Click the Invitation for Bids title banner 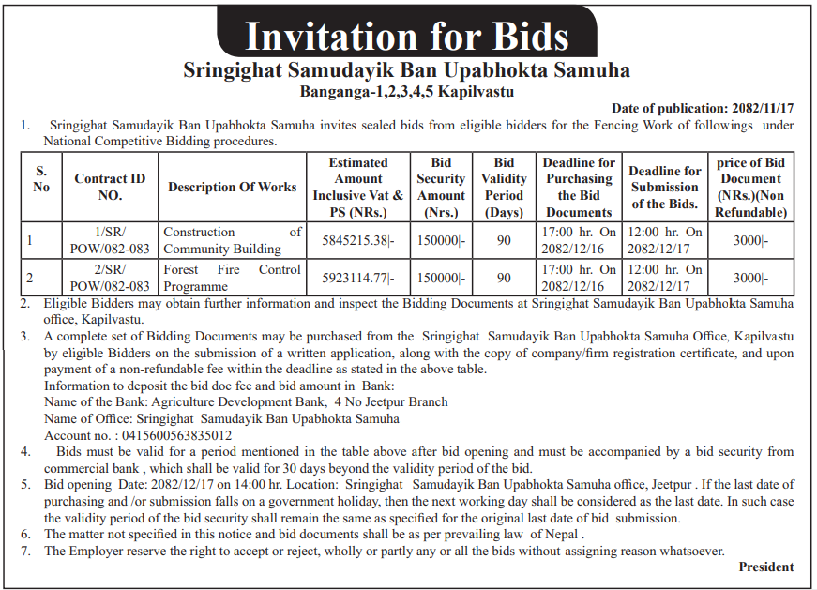pos(407,37)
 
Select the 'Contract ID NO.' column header pos(111,187)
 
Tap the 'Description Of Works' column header pos(233,187)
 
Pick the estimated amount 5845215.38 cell pos(357,240)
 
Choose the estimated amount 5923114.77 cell pos(357,278)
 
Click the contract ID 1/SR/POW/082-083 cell pos(111,240)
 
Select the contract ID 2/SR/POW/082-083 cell pos(111,278)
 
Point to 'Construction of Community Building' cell pos(233,240)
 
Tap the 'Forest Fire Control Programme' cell pos(233,278)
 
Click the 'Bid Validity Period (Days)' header pos(504,187)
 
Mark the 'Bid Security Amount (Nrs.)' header pos(441,187)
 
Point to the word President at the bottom pos(765,567)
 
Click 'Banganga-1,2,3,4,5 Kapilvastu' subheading pos(407,92)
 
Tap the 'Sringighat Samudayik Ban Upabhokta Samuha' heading pos(407,70)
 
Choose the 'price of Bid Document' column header pos(750,187)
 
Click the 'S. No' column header pos(41,178)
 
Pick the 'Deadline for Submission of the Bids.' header pos(665,187)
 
